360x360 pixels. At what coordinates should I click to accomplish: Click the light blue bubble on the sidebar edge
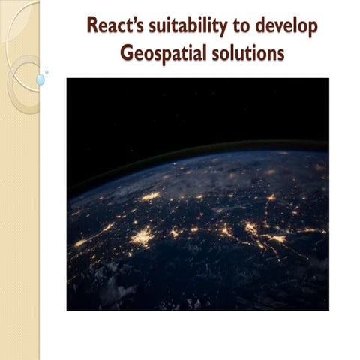pyautogui.click(x=40, y=79)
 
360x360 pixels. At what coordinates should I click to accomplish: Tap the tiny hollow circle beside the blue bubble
pyautogui.click(x=46, y=72)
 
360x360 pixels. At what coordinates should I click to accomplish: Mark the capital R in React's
pyautogui.click(x=92, y=27)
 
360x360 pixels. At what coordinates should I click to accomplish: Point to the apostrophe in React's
pyautogui.click(x=130, y=21)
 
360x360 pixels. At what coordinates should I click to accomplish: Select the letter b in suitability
pyautogui.click(x=193, y=27)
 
